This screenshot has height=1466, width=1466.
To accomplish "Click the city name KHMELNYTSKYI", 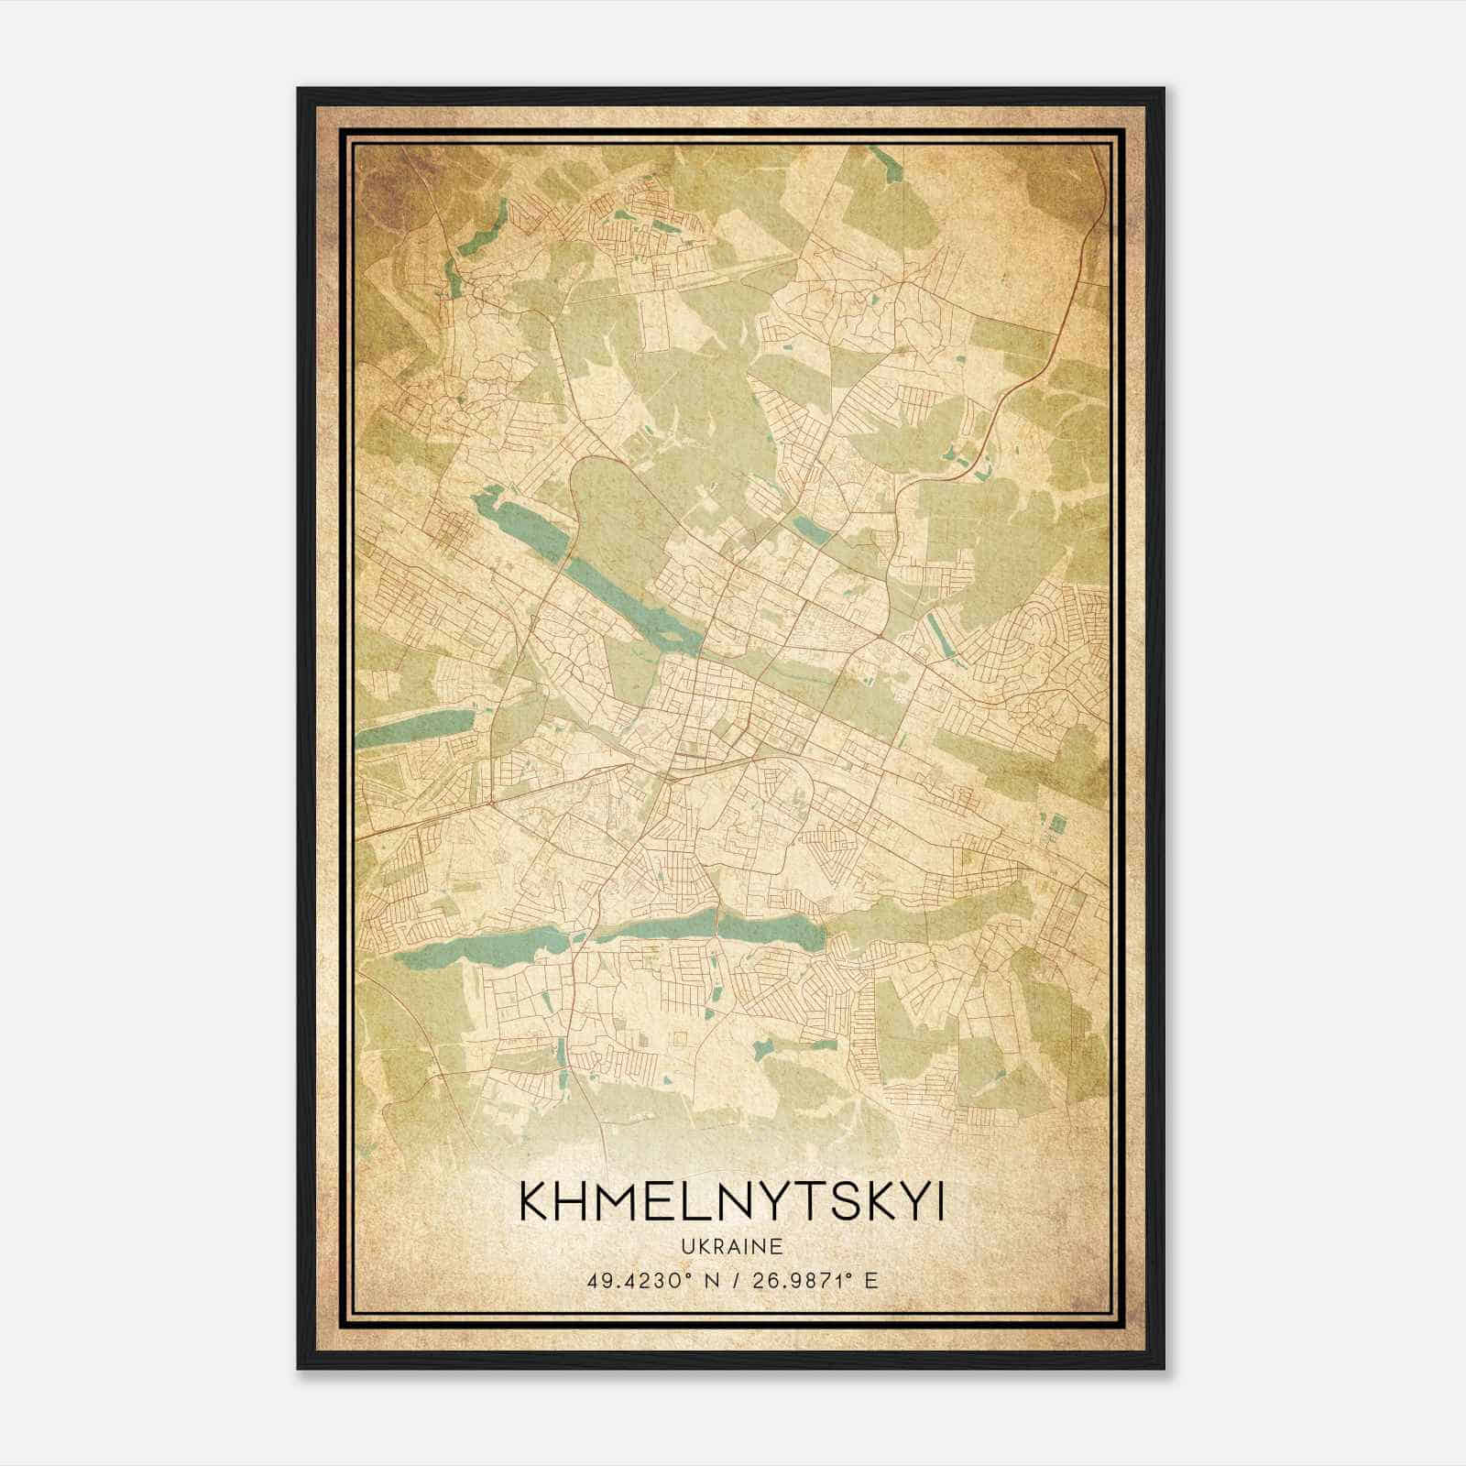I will pyautogui.click(x=731, y=1202).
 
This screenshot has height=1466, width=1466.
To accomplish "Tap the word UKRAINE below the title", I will pyautogui.click(x=731, y=1246).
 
